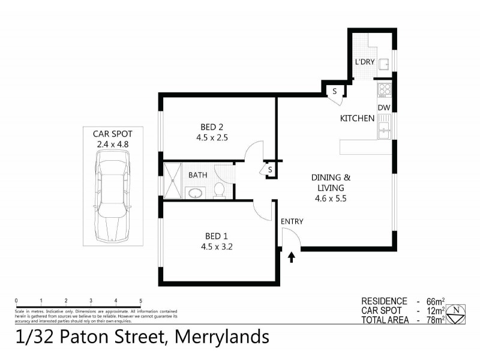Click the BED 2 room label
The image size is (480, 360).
[211, 127]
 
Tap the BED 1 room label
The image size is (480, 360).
[211, 235]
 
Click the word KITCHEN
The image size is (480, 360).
[358, 119]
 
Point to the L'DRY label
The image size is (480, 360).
[364, 62]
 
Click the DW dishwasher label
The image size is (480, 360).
[385, 108]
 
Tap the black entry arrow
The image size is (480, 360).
[292, 257]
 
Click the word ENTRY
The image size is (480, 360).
[292, 221]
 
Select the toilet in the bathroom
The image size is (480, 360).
[220, 190]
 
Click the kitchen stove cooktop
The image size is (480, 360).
[385, 91]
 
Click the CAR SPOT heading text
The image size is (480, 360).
[112, 134]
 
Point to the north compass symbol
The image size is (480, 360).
[457, 311]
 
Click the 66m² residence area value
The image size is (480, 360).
[434, 301]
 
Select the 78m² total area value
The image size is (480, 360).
[434, 320]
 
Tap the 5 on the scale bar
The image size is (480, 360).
[140, 301]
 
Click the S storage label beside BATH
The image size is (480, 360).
[270, 170]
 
